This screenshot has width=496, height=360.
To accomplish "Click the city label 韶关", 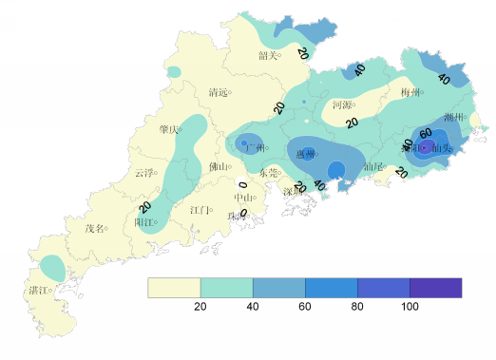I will point(269,55).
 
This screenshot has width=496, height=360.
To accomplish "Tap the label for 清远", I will point(218,92).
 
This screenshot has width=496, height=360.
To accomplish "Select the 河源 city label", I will point(342,104).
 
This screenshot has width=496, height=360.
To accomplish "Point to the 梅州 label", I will point(410,93).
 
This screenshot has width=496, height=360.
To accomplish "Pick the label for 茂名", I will point(95,228).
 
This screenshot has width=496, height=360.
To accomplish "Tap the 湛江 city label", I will point(39,290).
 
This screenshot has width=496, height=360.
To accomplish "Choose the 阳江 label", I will point(144,222).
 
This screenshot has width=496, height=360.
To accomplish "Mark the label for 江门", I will point(200,210).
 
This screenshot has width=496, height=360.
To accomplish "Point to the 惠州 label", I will point(306,154).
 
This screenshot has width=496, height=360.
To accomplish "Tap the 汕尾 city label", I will point(372,167).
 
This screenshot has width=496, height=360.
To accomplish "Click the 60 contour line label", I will point(426,133).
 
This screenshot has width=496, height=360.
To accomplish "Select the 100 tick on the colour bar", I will point(410,306).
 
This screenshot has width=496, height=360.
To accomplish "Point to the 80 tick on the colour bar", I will point(357,306).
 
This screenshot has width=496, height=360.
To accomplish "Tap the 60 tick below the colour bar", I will point(305,306).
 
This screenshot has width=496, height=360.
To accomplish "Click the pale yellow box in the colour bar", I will point(174,287).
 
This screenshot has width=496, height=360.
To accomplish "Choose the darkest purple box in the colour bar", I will point(435,287).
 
